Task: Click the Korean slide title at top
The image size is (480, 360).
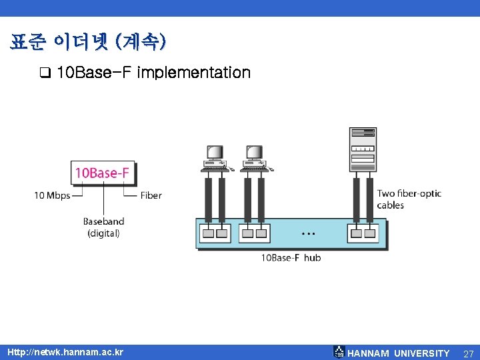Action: click(88, 43)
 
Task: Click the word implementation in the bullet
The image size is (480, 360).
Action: click(193, 72)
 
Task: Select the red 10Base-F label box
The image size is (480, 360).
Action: click(102, 173)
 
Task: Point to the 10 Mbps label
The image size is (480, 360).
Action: click(52, 195)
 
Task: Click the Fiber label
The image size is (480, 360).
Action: click(151, 195)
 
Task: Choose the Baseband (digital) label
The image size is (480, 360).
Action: click(103, 227)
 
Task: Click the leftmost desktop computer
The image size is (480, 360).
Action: click(215, 158)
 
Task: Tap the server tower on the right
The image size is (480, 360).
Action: click(363, 150)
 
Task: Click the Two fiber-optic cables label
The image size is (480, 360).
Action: click(409, 199)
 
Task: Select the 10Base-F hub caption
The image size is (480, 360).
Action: click(290, 257)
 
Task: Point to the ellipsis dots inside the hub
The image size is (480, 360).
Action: click(308, 234)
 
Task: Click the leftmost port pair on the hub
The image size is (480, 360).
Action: click(215, 233)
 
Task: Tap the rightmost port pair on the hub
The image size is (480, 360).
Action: click(363, 233)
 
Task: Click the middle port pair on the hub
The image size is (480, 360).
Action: click(255, 233)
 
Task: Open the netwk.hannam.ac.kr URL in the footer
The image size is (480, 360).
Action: click(65, 351)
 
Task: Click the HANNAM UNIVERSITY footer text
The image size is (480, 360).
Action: click(399, 353)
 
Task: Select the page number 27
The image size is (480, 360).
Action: click(468, 353)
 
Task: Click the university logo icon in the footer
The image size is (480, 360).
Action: click(339, 352)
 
